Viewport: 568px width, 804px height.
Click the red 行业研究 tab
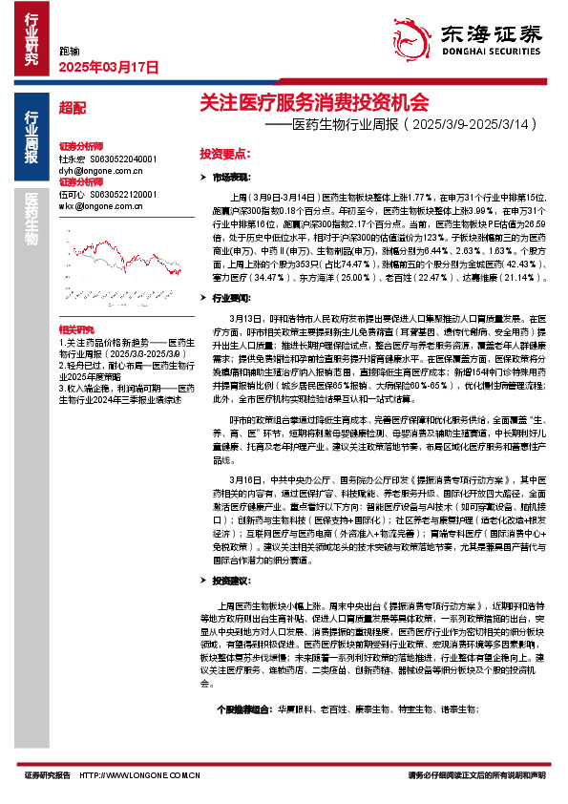(32, 38)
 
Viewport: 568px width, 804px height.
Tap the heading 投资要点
(224, 152)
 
